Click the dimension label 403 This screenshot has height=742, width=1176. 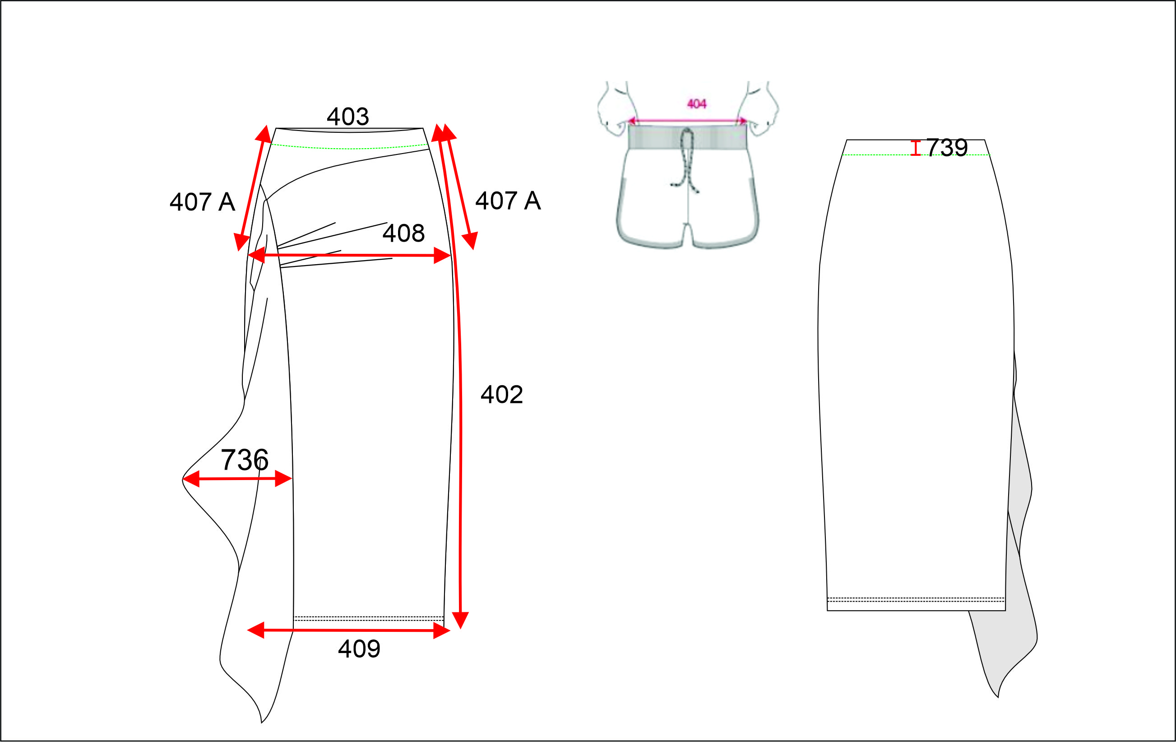tap(348, 117)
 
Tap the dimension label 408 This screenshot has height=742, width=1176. tap(403, 233)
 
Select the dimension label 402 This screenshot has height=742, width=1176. tap(501, 394)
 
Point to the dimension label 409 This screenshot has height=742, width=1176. tap(359, 649)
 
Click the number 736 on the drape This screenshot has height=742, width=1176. tap(244, 460)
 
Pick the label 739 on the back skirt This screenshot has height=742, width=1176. tap(946, 148)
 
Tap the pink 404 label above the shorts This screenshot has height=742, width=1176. tap(696, 103)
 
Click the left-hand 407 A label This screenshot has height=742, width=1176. tap(202, 202)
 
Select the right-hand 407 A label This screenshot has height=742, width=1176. tap(508, 201)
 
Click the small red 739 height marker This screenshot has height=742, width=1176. tap(916, 148)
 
